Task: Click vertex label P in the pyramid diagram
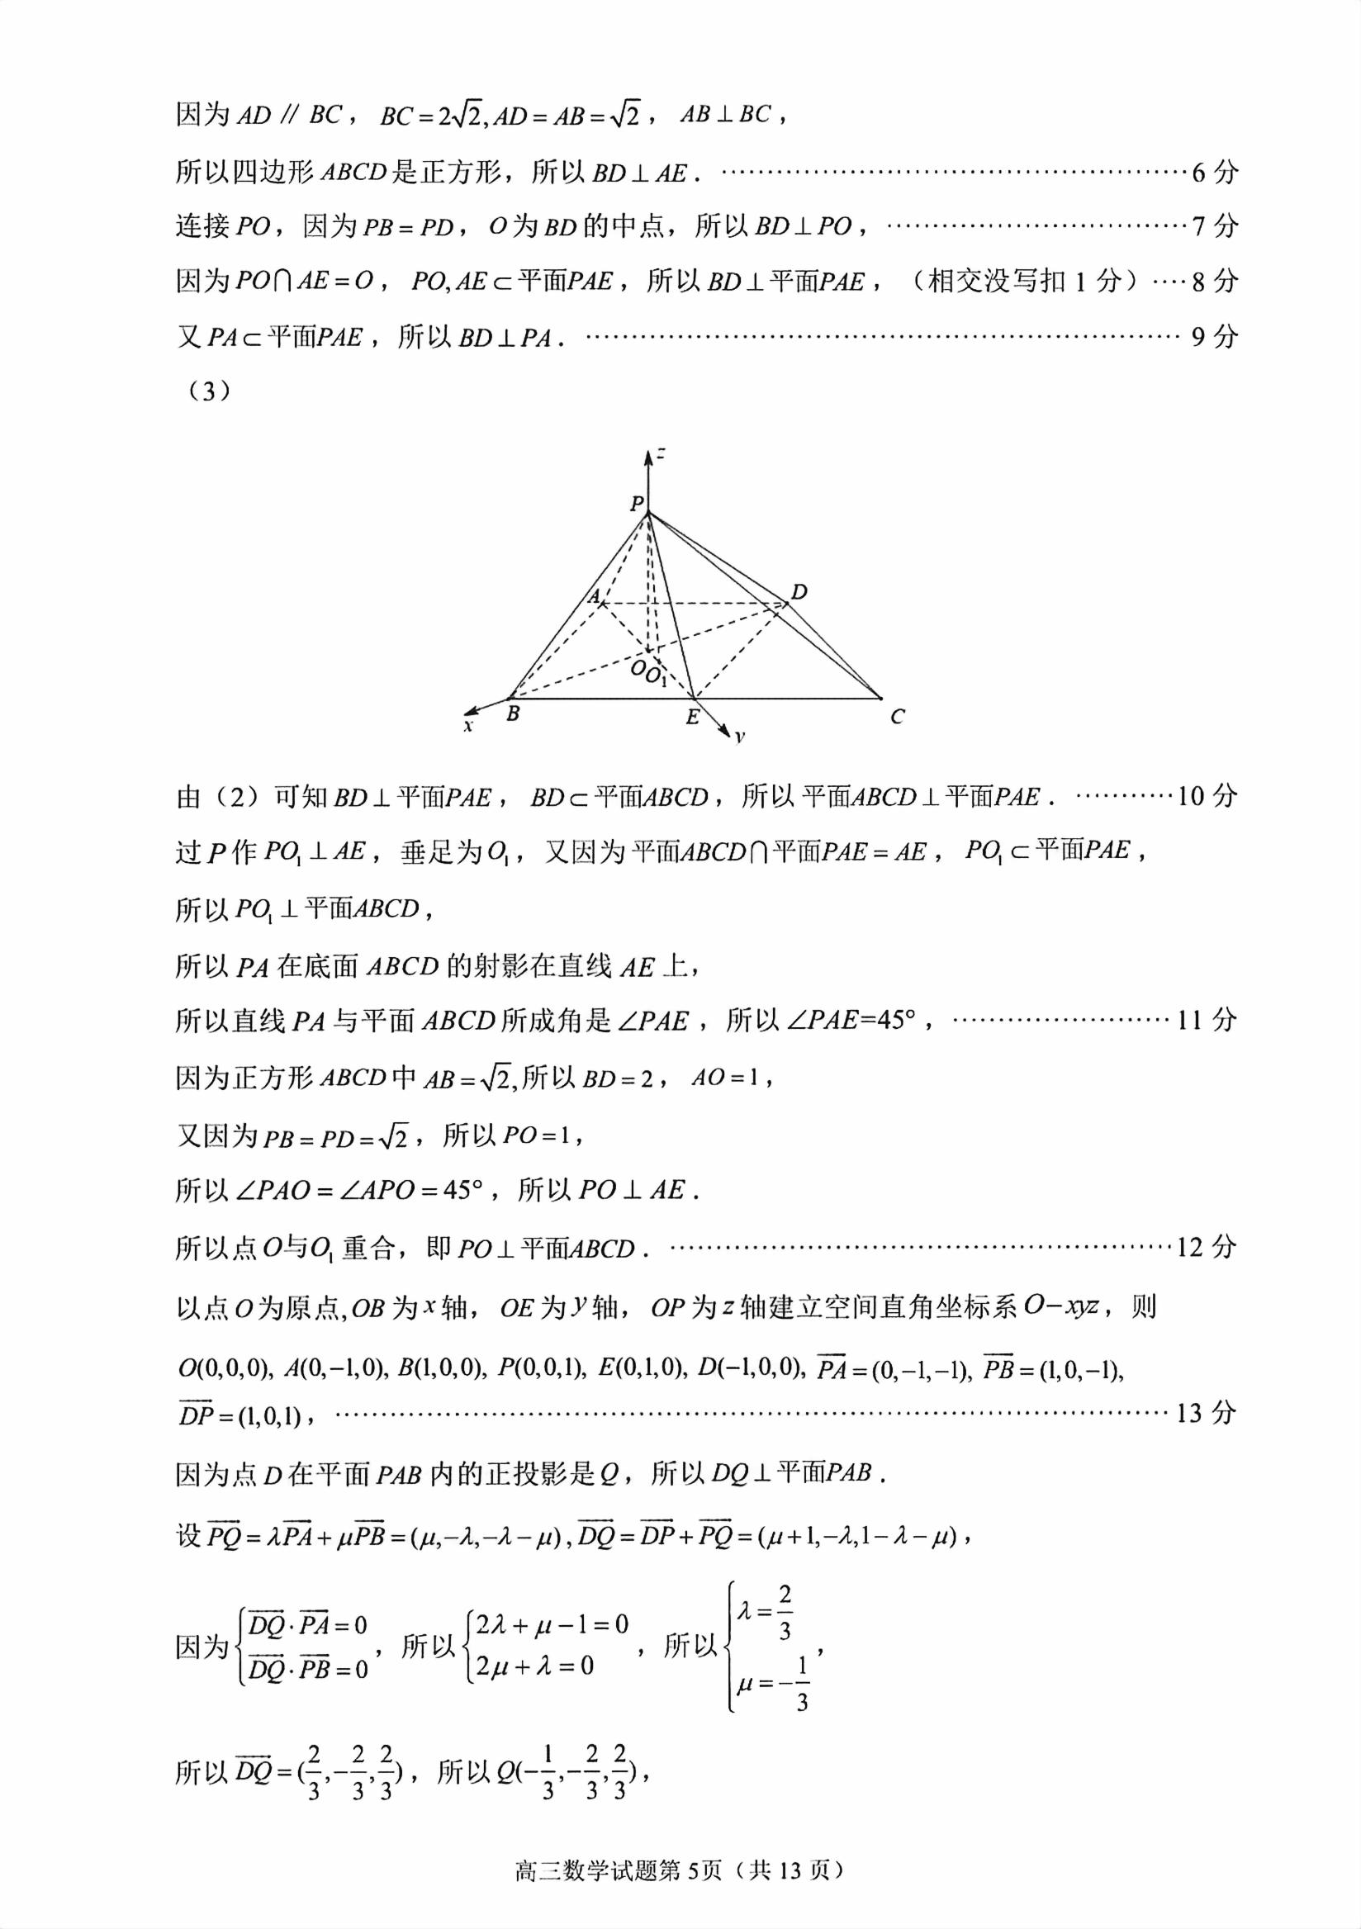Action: (637, 503)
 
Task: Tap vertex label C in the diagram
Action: (897, 717)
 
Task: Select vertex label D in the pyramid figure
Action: (799, 591)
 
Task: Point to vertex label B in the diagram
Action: (513, 714)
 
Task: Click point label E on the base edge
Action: (692, 718)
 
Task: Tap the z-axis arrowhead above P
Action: (647, 457)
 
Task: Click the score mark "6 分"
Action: (1215, 173)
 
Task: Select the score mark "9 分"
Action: (1215, 337)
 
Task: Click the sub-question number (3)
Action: (205, 391)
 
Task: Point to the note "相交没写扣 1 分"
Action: (1024, 281)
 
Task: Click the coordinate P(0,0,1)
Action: (541, 1368)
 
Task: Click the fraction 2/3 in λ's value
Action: (785, 1612)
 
